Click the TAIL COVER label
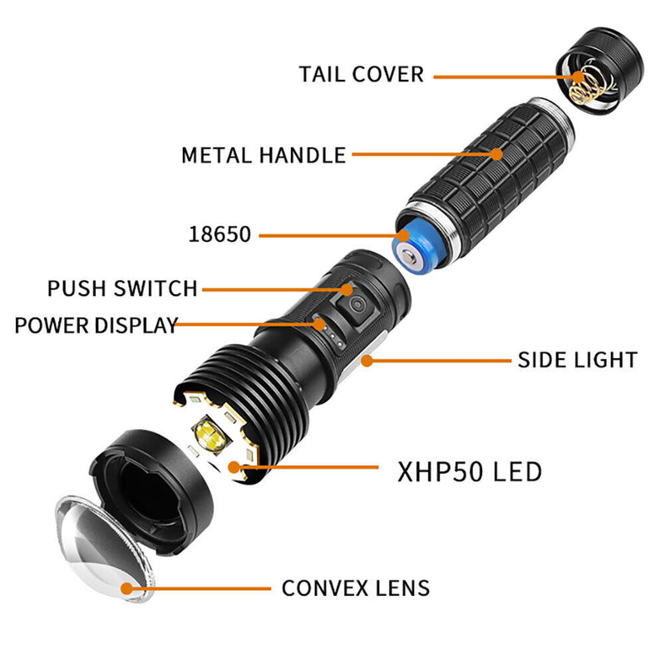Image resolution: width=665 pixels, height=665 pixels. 361,74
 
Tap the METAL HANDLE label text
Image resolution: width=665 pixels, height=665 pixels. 264,155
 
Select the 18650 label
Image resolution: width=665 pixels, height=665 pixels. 219,234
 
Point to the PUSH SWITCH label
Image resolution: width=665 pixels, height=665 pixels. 122,289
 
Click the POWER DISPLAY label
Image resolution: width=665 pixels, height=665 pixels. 96,325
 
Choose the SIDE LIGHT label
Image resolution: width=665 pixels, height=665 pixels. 577,360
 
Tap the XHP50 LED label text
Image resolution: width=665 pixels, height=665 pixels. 470,472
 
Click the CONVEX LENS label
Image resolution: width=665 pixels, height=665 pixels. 356,589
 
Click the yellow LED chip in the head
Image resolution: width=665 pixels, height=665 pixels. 209,434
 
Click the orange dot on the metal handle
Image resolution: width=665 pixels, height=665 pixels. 496,154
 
